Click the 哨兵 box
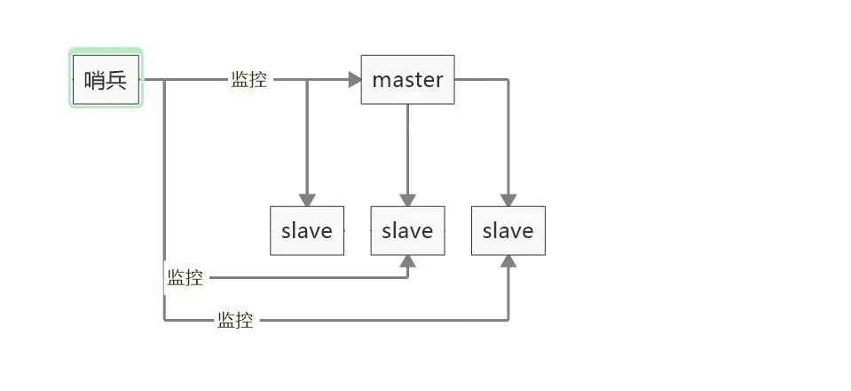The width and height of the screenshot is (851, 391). [x=106, y=80]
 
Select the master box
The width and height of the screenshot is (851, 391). [x=407, y=80]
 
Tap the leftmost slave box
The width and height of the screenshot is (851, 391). [x=307, y=231]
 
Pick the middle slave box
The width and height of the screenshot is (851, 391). [x=407, y=231]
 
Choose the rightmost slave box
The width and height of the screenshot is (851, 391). [x=508, y=231]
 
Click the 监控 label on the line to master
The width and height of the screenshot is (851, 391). [x=248, y=80]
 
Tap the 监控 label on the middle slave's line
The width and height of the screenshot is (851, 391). [x=185, y=278]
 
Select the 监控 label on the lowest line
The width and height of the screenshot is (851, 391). [x=235, y=320]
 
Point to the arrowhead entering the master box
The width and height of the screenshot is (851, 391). [x=356, y=80]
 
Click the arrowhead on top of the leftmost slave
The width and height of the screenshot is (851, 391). [x=307, y=200]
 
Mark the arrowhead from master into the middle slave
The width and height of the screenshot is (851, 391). [x=407, y=200]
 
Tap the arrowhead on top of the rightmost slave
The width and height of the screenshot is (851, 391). [x=508, y=200]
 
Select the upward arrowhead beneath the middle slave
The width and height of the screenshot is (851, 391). [x=407, y=261]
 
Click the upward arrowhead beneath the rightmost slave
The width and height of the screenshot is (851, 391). [x=508, y=261]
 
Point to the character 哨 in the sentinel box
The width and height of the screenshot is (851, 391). [x=96, y=80]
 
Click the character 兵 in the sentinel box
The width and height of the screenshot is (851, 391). [x=117, y=80]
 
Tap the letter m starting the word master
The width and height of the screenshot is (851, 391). [x=379, y=80]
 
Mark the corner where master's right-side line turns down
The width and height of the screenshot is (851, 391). [x=508, y=80]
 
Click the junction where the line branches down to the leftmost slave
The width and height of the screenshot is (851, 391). [x=307, y=80]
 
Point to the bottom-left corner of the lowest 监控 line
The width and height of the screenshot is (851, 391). [x=164, y=320]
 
